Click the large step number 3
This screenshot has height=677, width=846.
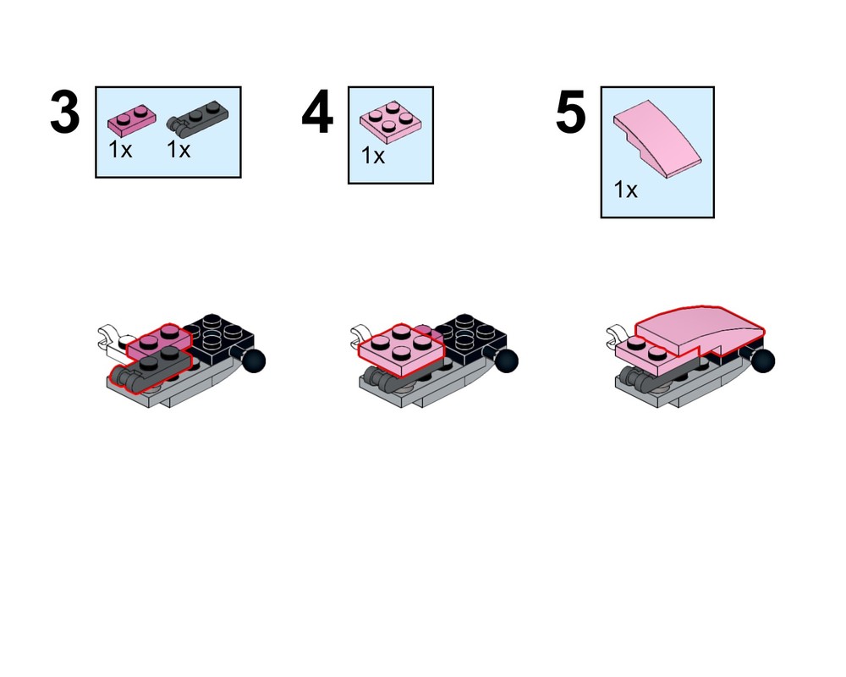65,113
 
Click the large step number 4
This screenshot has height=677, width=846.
317,113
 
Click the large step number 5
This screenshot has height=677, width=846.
570,113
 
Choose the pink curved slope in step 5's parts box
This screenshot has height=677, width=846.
657,138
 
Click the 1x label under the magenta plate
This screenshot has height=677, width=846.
120,150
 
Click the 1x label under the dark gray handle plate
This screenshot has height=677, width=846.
179,150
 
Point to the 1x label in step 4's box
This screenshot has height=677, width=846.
373,156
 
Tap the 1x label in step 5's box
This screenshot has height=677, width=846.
625,190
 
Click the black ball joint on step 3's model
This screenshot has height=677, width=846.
254,361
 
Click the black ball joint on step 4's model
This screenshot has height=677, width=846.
506,361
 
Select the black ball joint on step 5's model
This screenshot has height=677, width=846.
762,361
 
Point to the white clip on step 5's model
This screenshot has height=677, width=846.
618,336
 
